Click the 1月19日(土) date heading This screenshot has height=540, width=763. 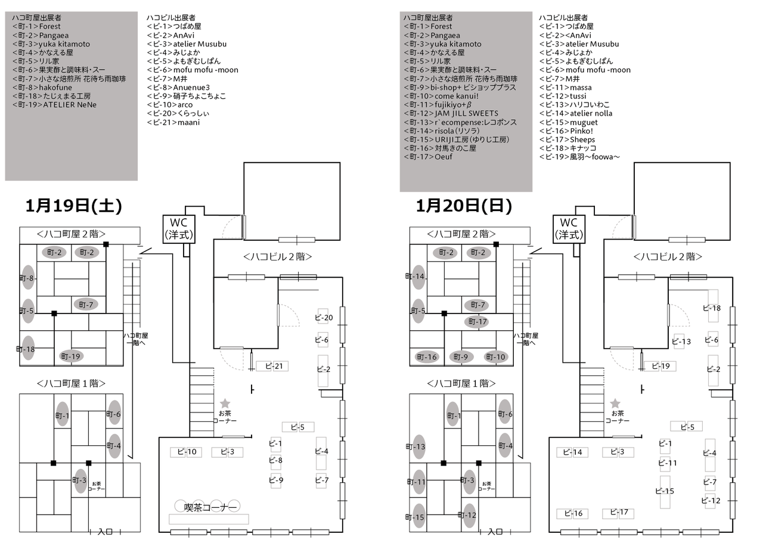73,206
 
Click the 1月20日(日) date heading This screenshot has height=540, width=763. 464,206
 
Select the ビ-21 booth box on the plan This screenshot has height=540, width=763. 273,366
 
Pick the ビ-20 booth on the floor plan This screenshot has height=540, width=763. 324,318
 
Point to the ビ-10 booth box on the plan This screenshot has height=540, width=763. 187,452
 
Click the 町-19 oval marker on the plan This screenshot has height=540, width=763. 71,356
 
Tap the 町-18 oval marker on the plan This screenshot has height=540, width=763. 28,349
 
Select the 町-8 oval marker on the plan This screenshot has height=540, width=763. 28,278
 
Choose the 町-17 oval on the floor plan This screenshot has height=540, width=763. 478,322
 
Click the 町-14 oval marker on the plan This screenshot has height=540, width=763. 418,277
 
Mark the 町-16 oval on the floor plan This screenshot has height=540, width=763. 427,357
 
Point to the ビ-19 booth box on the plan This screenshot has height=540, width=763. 660,366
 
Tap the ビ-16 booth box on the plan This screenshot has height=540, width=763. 573,514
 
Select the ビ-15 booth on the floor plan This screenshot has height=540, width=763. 665,491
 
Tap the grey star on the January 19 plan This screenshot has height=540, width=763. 225,404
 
